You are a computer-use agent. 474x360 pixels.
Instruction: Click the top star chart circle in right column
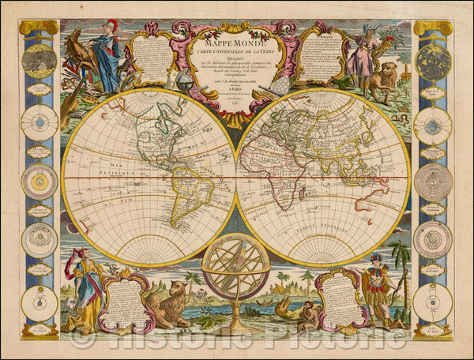pos(433,59)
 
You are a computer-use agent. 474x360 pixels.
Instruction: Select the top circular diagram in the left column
pos(39,59)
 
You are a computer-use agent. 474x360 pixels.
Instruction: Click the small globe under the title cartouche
pos(182,82)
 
